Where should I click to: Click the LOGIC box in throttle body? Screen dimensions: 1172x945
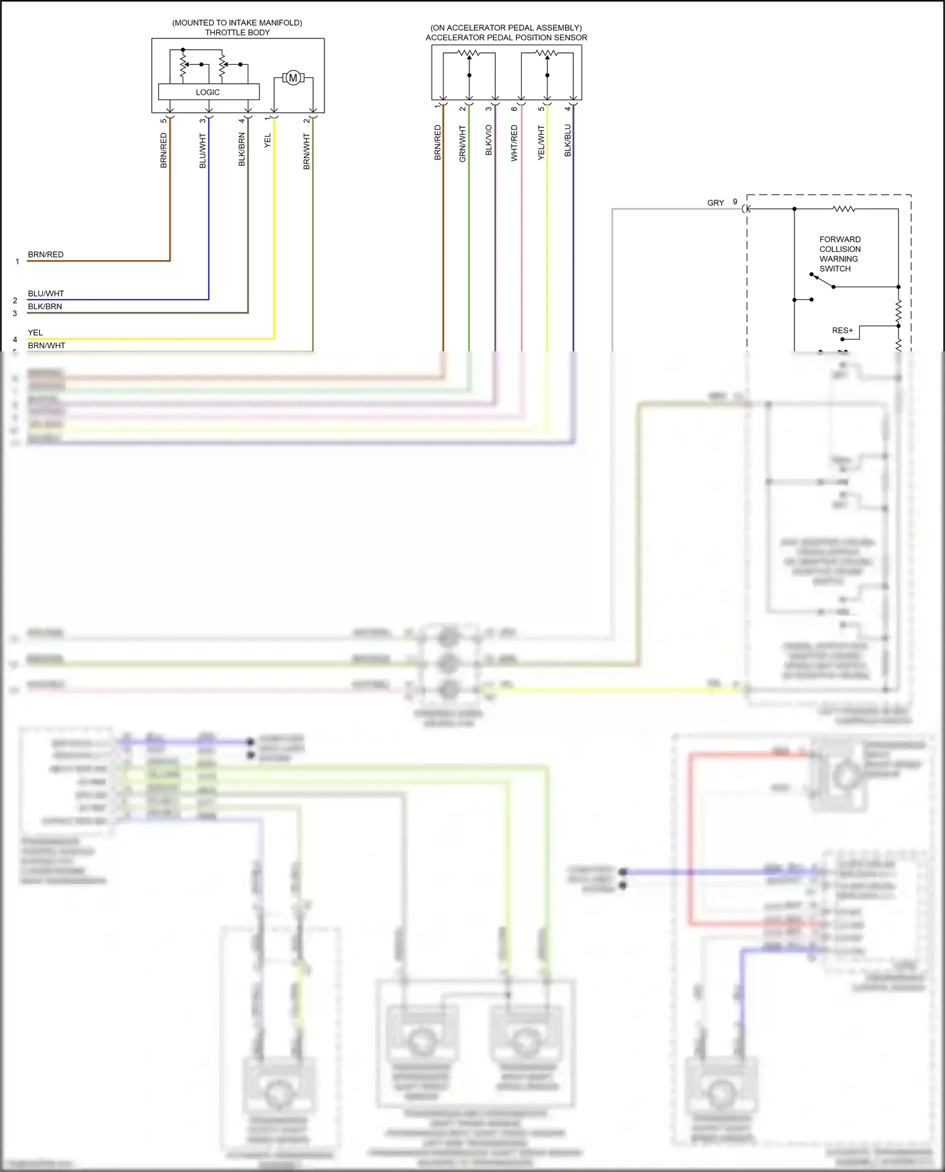[209, 92]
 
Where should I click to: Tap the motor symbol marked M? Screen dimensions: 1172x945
[292, 78]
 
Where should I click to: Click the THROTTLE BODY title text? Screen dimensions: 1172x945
[237, 33]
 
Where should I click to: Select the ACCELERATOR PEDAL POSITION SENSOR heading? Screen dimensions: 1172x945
[506, 38]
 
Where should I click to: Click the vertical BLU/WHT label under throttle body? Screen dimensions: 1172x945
[203, 151]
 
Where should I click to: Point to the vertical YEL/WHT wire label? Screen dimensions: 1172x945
[541, 142]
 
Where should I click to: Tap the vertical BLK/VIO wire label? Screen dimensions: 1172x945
[489, 140]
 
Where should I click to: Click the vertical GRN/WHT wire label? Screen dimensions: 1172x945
[462, 144]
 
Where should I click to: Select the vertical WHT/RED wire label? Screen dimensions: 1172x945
[515, 143]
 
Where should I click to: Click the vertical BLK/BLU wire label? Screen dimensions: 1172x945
[568, 140]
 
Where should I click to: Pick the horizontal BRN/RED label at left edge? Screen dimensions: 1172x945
[45, 254]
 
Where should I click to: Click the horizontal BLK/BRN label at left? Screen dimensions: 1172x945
[45, 307]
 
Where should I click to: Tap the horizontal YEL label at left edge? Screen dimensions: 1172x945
[35, 333]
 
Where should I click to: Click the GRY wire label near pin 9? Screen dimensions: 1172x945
[716, 203]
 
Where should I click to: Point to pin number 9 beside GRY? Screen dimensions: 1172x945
[735, 202]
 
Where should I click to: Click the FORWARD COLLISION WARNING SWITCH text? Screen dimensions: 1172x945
[839, 254]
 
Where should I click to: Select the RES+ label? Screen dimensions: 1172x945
[842, 331]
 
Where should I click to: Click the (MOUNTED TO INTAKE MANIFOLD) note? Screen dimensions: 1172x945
[237, 23]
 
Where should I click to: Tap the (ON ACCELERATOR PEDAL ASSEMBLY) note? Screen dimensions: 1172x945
[506, 28]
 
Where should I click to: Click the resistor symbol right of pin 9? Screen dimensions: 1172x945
[844, 208]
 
